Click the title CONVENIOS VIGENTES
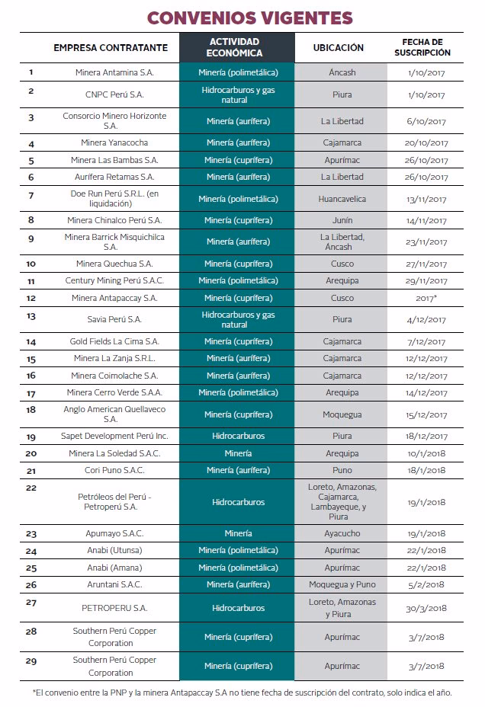pyautogui.click(x=250, y=18)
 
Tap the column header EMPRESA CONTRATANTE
pyautogui.click(x=111, y=47)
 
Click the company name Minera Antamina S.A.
pyautogui.click(x=111, y=73)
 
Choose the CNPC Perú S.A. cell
pyautogui.click(x=111, y=95)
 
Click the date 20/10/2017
pyautogui.click(x=426, y=143)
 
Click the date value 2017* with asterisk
pyautogui.click(x=426, y=298)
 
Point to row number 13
pyautogui.click(x=31, y=315)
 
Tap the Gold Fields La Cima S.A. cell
pyautogui.click(x=111, y=342)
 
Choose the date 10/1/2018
pyautogui.click(x=426, y=453)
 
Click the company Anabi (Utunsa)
pyautogui.click(x=111, y=551)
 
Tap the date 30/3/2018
pyautogui.click(x=426, y=608)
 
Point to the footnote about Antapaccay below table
pyautogui.click(x=242, y=693)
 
